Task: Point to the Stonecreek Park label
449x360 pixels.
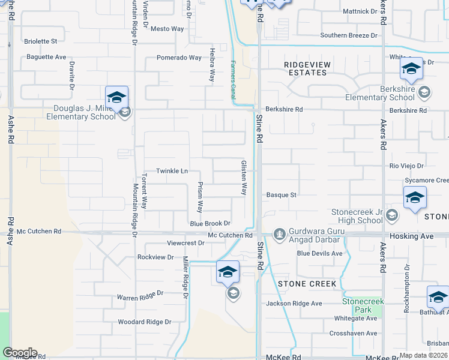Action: [357, 305]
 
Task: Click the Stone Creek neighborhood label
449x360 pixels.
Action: [302, 283]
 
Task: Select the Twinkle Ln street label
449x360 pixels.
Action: [172, 171]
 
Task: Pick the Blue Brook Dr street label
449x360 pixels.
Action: [210, 223]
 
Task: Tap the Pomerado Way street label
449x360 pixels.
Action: [179, 58]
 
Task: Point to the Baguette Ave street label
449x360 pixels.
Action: [46, 57]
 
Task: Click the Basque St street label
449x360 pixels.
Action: [282, 195]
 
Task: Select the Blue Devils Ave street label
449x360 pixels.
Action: [320, 253]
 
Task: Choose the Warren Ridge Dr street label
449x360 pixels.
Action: [140, 295]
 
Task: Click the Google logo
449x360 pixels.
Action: [20, 353]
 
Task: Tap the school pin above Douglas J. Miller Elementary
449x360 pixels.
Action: [116, 97]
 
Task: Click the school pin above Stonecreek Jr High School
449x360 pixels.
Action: [415, 198]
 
